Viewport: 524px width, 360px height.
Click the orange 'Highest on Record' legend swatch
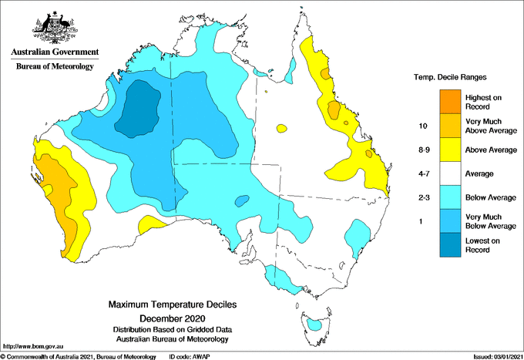448,101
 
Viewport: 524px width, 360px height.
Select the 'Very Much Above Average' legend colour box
448,126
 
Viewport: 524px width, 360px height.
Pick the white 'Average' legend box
448,174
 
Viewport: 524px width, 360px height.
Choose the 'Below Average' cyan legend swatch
448,198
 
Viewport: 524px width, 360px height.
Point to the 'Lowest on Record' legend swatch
448,245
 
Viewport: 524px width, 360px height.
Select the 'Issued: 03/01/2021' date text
492,355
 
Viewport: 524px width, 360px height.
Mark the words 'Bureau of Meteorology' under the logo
55,66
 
